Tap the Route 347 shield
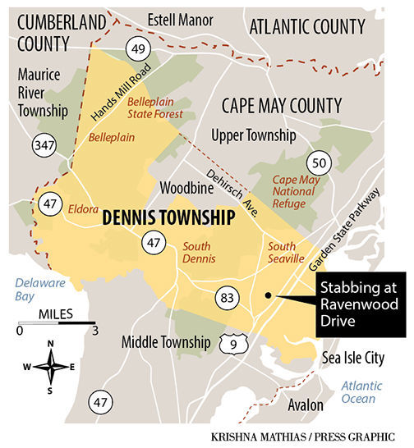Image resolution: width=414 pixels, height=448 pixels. click(x=44, y=146)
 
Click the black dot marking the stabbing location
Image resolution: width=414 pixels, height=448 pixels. click(x=268, y=295)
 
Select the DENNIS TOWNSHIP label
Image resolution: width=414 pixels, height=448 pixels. click(x=168, y=220)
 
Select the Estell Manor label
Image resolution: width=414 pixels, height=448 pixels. click(x=180, y=19)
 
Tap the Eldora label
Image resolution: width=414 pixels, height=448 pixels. click(x=85, y=207)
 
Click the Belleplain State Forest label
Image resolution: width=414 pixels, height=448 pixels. click(x=154, y=107)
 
